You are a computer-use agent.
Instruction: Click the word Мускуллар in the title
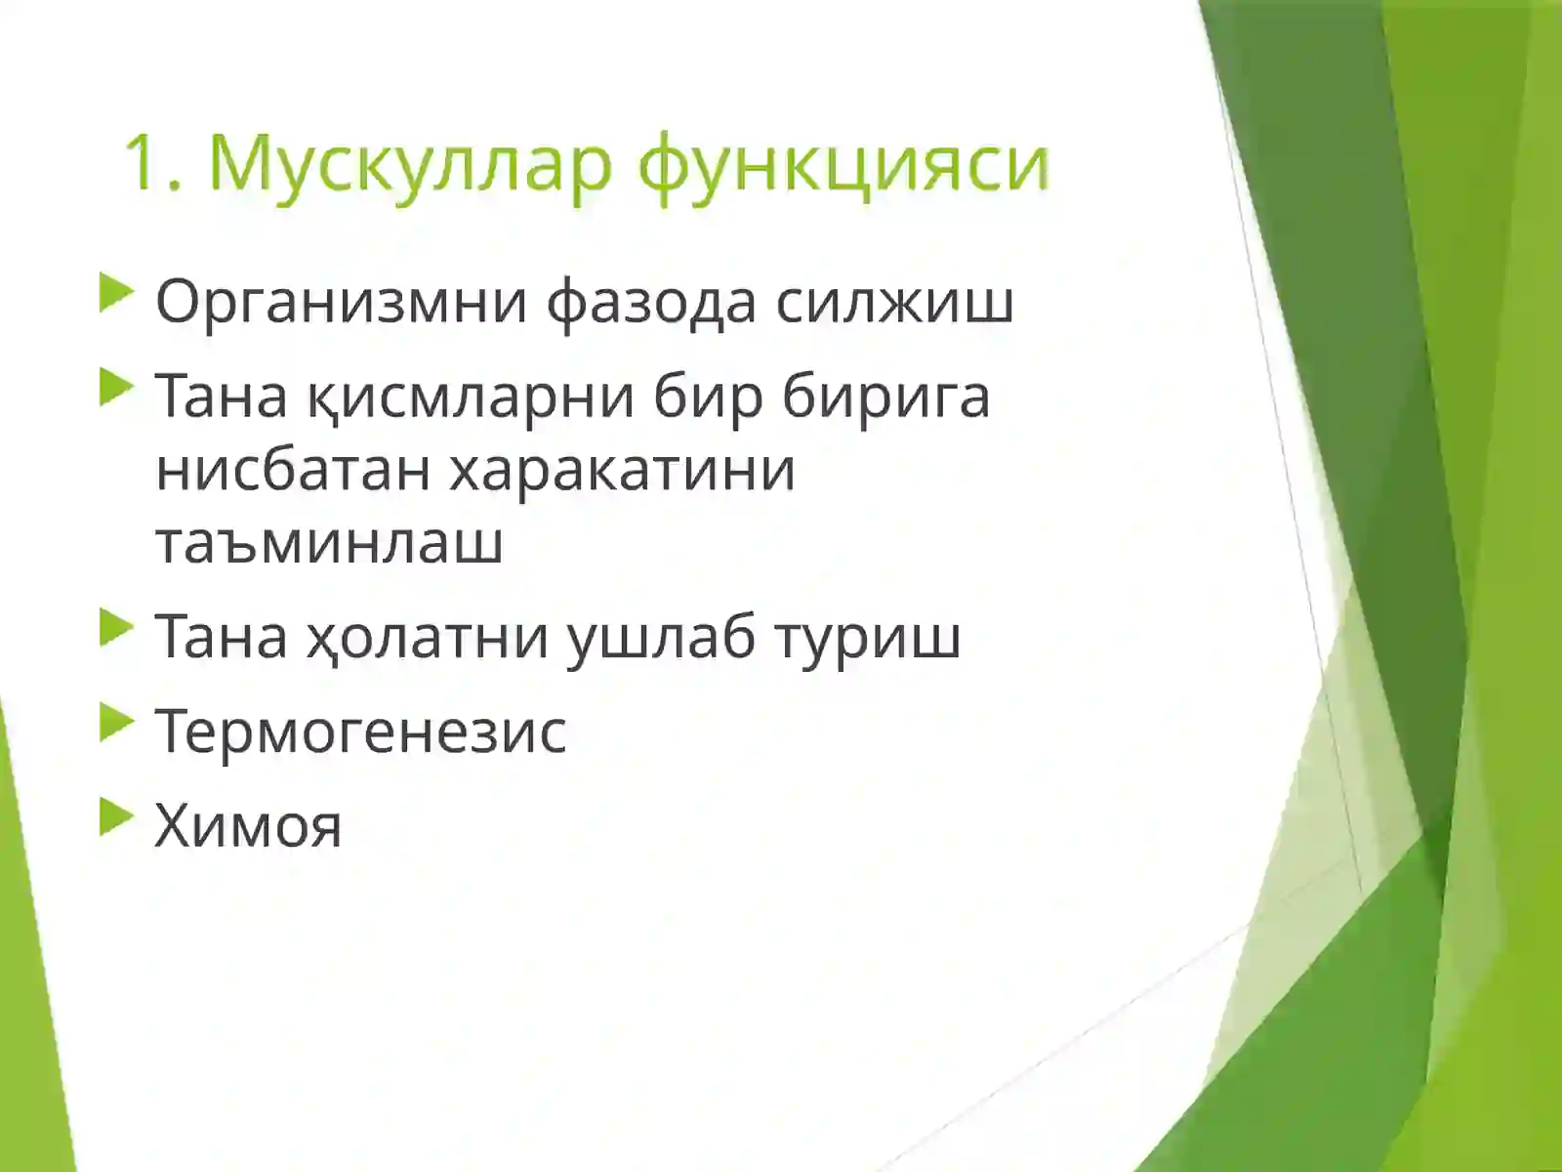(410, 164)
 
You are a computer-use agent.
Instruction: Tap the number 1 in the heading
(143, 164)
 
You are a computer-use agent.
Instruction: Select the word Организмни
(341, 302)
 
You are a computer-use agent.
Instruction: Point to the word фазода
(651, 302)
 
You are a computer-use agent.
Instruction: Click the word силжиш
(894, 302)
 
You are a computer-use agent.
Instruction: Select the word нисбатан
(293, 469)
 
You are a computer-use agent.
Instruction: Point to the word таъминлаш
(329, 542)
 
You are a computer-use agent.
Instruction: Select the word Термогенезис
(360, 732)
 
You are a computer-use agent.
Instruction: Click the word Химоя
(248, 825)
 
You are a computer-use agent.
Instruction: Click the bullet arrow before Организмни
(115, 293)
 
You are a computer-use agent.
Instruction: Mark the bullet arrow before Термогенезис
(115, 724)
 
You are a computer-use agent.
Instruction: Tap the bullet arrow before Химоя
(115, 817)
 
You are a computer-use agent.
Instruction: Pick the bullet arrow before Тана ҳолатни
(115, 628)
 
